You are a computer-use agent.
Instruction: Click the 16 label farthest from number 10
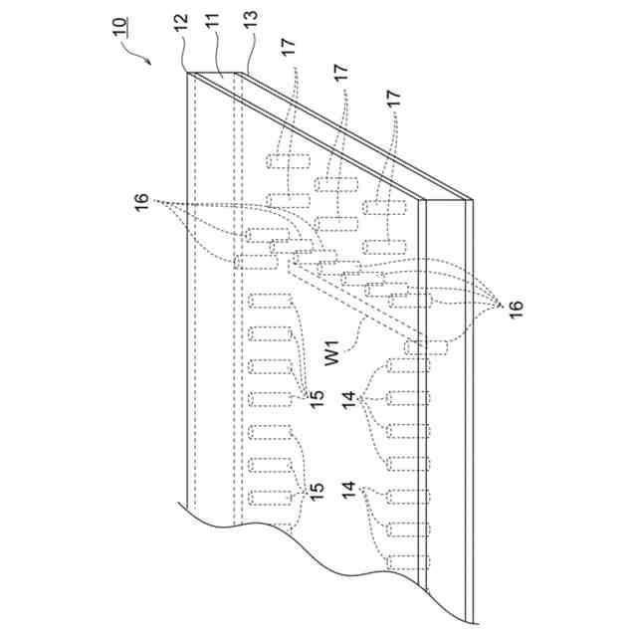click(x=515, y=307)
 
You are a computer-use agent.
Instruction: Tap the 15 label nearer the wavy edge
click(x=317, y=490)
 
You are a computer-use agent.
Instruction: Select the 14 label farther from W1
click(x=348, y=490)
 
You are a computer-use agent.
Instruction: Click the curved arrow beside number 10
click(x=139, y=55)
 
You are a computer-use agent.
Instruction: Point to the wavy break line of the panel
click(x=299, y=542)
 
